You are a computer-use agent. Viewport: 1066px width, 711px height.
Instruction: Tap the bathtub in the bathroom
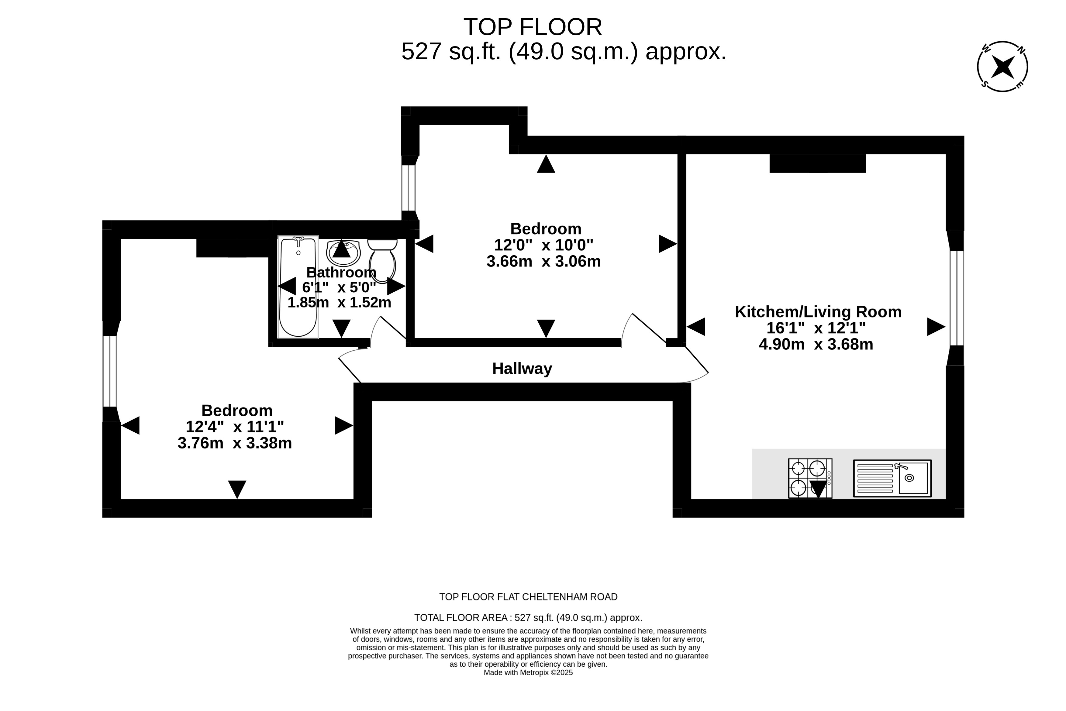coord(298,287)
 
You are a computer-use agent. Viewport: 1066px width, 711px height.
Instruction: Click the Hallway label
coord(522,369)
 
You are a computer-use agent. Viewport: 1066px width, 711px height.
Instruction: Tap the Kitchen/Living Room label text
coord(818,312)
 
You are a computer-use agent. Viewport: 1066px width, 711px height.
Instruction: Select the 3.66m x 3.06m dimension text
coord(543,262)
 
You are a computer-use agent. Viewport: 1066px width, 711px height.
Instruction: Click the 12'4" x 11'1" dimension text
coord(235,427)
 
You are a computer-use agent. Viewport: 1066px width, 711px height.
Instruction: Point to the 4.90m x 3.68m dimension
coord(816,345)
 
